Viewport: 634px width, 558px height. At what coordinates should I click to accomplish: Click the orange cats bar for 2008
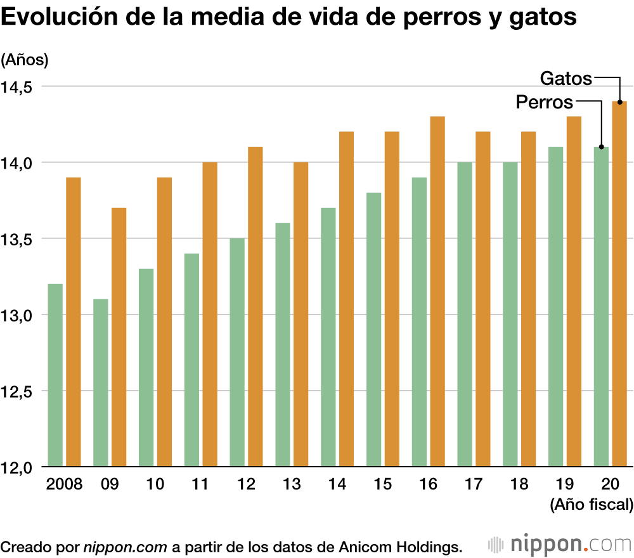[74, 322]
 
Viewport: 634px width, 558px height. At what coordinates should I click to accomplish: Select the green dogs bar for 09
[101, 383]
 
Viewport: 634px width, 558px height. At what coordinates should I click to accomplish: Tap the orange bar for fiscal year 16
[437, 292]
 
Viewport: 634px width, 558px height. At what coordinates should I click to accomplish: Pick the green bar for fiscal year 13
[283, 345]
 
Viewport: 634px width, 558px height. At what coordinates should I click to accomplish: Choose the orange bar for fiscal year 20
[619, 284]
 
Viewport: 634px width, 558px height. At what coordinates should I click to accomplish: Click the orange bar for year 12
[256, 307]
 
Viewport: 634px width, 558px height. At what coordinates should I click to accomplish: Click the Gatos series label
[566, 79]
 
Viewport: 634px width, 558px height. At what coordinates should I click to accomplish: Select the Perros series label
[544, 102]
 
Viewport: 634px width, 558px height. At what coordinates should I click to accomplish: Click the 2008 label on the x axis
[65, 484]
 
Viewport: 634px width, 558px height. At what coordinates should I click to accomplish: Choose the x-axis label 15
[382, 484]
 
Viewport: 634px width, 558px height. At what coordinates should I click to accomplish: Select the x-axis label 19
[564, 484]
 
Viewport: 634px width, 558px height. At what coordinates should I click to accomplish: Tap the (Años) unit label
[25, 60]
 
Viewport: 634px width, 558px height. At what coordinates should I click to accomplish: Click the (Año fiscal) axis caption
[592, 505]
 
